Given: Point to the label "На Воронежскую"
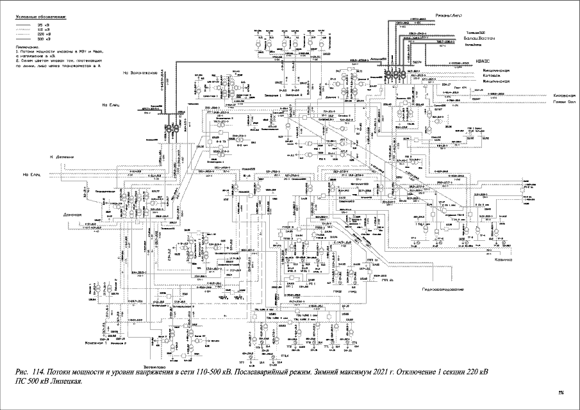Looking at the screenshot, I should click(140, 74).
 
